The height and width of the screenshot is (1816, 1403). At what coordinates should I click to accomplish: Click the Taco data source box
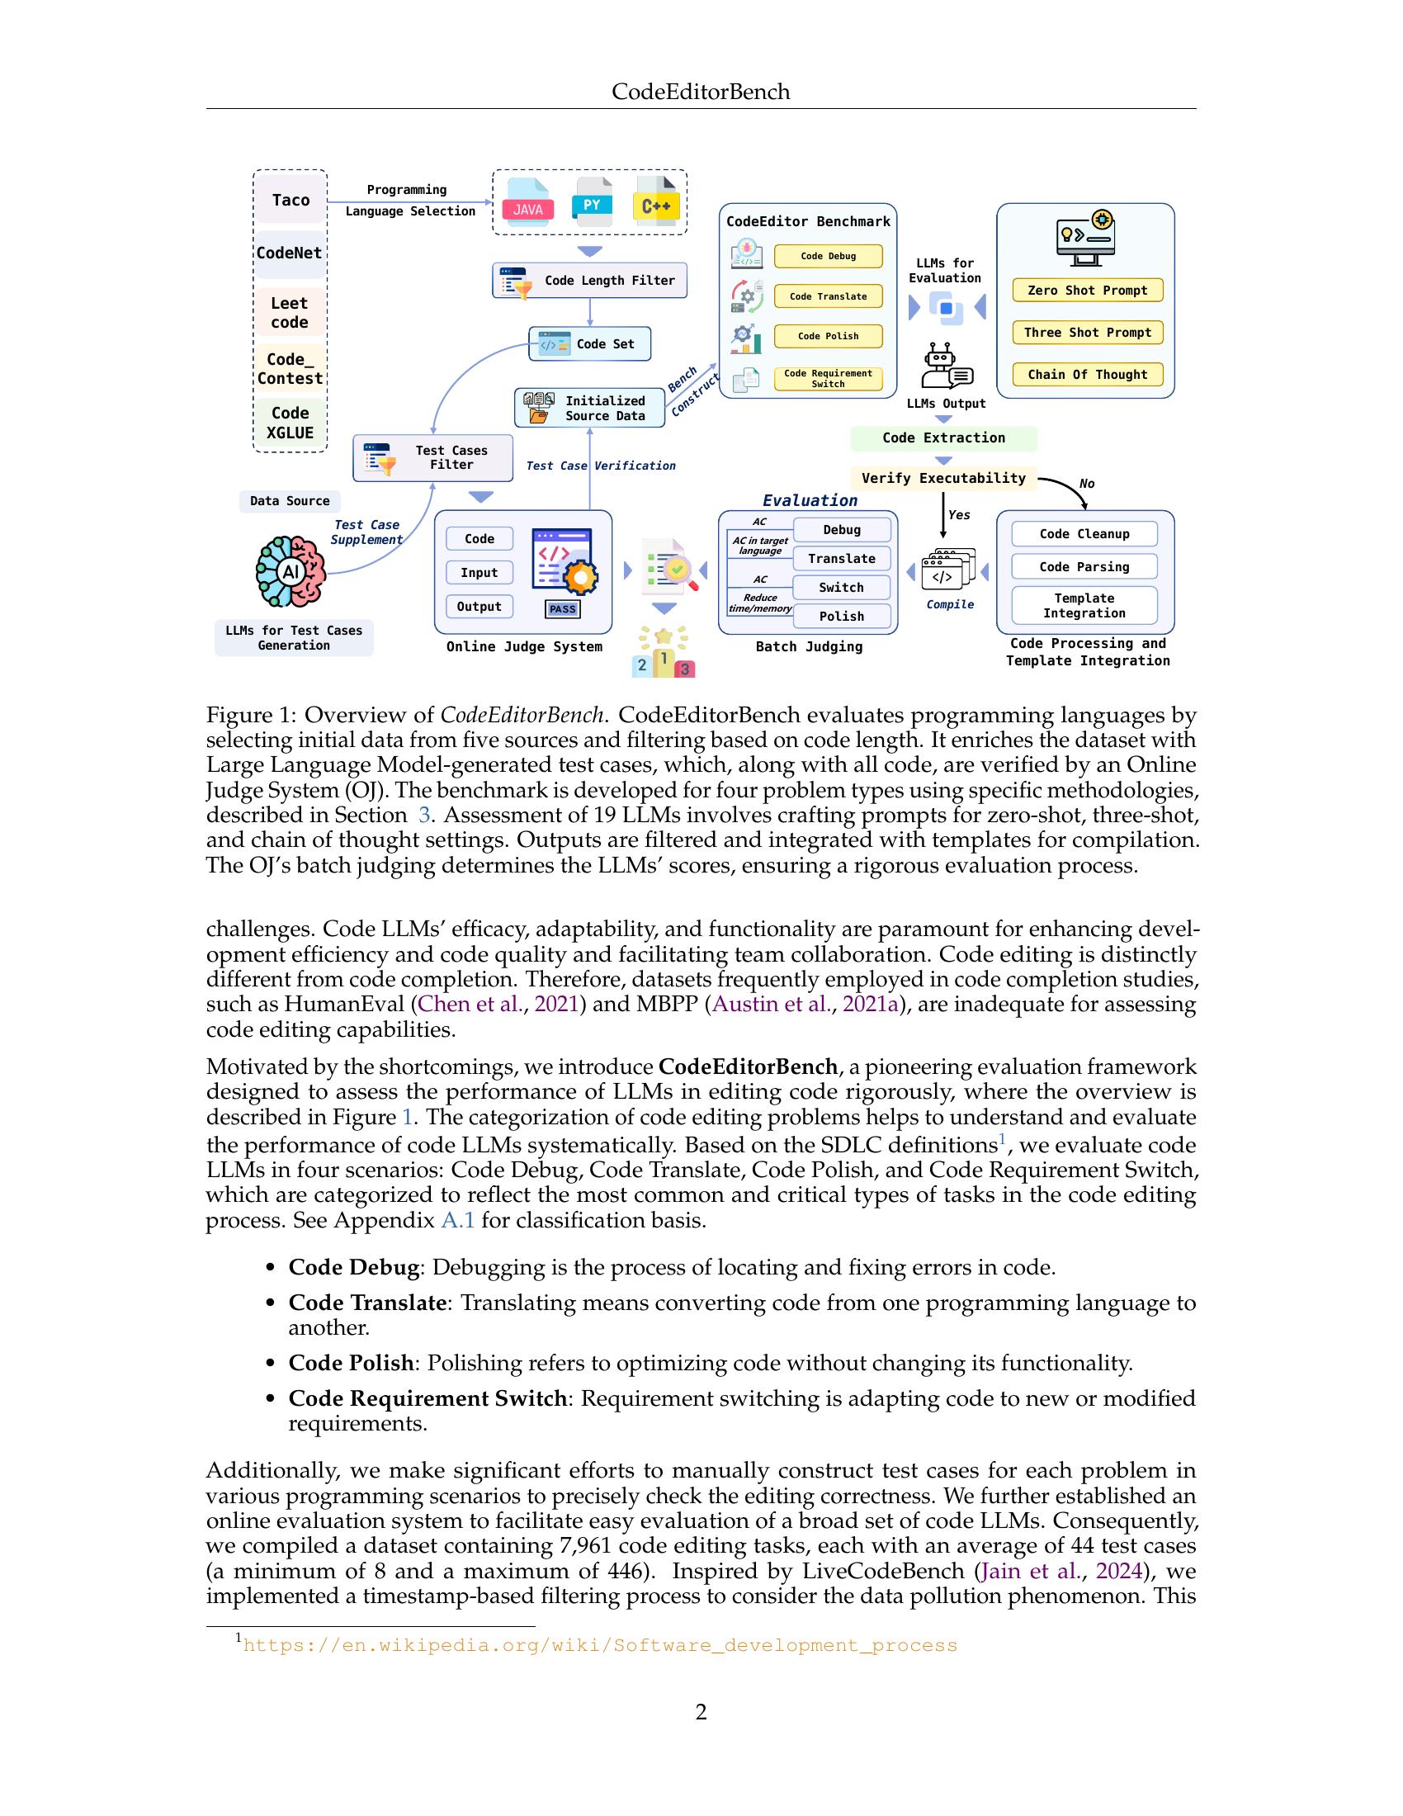290,201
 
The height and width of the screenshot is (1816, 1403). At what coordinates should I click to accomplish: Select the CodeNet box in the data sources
289,253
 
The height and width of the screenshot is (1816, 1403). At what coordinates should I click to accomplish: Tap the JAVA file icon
528,202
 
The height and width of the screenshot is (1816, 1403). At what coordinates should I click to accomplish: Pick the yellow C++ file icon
656,201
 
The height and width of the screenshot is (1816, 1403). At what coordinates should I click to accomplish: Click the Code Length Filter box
589,281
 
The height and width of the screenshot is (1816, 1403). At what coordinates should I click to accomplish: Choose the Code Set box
589,344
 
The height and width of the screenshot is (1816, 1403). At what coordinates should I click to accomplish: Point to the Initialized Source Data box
589,409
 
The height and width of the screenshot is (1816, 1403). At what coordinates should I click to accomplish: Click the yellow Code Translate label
828,296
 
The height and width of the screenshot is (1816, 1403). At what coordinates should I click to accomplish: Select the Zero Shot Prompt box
1087,291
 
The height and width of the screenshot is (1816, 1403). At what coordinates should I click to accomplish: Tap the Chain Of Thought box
1087,375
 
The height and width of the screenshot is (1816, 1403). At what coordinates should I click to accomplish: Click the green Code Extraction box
943,438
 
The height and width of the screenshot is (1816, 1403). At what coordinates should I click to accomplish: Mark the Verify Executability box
943,478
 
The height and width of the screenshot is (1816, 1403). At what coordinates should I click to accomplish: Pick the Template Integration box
1084,605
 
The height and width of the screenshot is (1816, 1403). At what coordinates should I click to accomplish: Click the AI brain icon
290,571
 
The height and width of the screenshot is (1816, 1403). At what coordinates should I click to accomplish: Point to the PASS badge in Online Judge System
563,608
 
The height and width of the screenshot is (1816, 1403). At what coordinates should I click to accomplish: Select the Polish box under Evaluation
842,616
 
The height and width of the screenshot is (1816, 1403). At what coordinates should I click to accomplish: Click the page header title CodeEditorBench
701,92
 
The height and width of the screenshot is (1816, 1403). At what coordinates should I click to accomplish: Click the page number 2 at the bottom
701,1712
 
